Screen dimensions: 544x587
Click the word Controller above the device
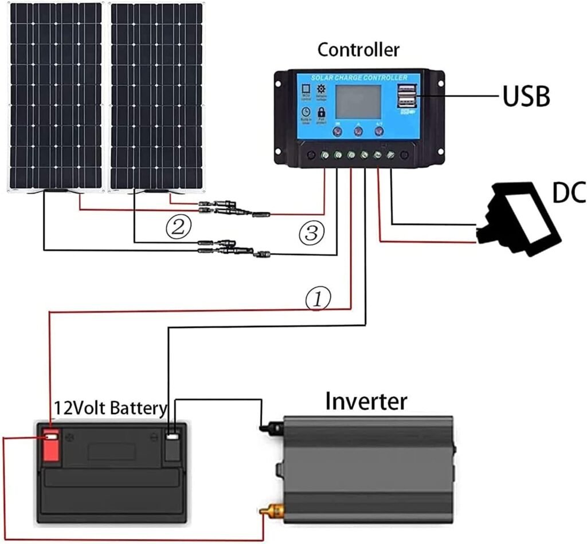[x=358, y=50]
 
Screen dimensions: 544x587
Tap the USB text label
[x=526, y=97]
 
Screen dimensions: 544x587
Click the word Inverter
[x=366, y=401]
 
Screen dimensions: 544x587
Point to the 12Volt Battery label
[x=110, y=408]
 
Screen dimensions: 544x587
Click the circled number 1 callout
[x=318, y=298]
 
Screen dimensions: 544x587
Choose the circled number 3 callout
[x=312, y=233]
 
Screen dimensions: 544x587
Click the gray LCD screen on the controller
[x=358, y=101]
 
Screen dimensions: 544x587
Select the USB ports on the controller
[x=406, y=96]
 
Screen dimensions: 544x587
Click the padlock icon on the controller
[x=321, y=112]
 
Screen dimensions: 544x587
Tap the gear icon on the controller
[x=321, y=89]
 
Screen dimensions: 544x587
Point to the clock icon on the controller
[x=306, y=112]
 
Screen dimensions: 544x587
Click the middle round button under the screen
[x=358, y=131]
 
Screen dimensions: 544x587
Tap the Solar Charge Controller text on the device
[x=359, y=77]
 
